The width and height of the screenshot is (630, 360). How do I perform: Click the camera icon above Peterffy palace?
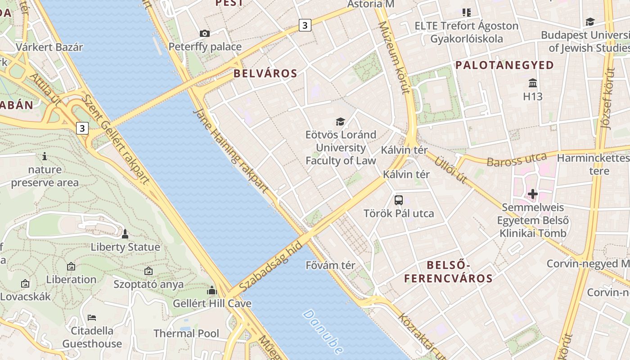pos(205,33)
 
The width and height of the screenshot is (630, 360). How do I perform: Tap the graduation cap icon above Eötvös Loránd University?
pos(340,121)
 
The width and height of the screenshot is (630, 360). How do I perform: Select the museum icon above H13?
pos(533,83)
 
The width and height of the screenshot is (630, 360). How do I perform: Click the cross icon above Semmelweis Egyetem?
pos(533,194)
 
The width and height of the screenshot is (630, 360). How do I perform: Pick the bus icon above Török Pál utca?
pos(399,200)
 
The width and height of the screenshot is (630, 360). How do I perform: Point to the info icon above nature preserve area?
pos(45,157)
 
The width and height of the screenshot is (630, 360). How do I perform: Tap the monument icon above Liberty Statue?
pos(125,234)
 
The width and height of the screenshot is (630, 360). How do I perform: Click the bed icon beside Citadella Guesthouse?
pos(92,318)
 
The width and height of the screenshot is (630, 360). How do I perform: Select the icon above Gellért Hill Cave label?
pos(212,290)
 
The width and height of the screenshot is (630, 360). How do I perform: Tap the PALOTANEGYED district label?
pos(504,65)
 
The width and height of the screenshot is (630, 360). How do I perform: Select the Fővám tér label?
pos(330,265)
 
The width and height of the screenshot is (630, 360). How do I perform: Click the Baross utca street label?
pos(517,160)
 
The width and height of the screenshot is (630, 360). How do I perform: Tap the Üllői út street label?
pos(450,170)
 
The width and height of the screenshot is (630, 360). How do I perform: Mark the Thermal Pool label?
pos(186,333)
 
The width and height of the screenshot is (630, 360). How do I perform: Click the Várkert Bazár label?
pos(49,47)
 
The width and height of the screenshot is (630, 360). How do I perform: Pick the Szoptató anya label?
pos(148,284)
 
